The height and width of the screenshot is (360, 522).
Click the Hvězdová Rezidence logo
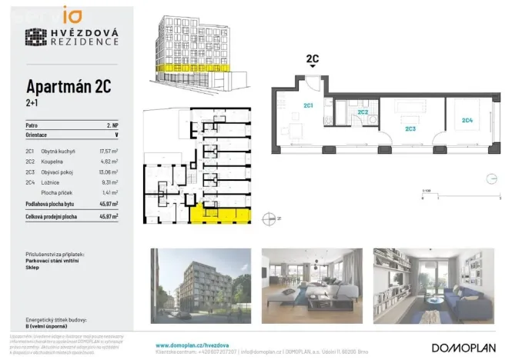coord(72,36)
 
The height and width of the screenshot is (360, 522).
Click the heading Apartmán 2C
coord(68,86)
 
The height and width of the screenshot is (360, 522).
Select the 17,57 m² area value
coord(108,152)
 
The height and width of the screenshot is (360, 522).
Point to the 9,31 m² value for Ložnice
coord(109,182)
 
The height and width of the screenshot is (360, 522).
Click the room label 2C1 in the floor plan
coord(307,105)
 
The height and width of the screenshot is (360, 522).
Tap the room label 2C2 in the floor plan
coord(362,112)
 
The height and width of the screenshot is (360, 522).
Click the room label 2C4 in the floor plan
coord(467,119)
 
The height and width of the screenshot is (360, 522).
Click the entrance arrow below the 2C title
coord(313,68)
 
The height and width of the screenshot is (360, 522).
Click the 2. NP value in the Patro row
coord(111,124)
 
